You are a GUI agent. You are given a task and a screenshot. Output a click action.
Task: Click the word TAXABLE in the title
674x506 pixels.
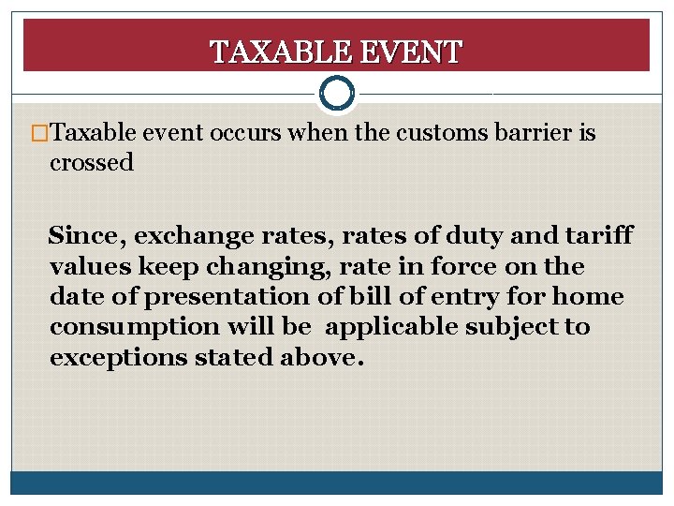coord(271,52)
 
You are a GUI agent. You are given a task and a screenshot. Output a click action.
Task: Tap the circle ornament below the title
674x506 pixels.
coord(336,93)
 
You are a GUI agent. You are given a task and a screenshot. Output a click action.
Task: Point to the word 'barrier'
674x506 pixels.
coord(535,133)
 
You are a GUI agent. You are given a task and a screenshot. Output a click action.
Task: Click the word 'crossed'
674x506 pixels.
coord(92,163)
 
